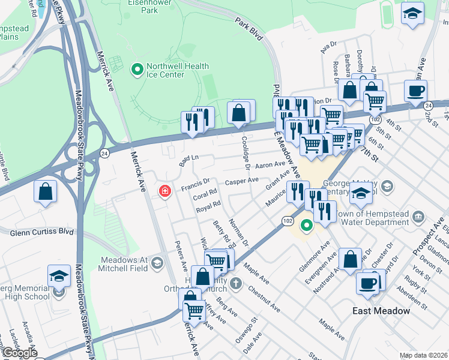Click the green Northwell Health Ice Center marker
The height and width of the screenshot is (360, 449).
(137, 70)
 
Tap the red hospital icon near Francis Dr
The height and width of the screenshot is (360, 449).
(164, 191)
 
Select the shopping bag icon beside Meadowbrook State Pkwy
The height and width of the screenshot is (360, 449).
(46, 192)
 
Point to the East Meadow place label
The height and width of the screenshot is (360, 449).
(381, 311)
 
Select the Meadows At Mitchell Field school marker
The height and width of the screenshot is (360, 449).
(157, 263)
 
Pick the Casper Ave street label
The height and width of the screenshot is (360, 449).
(241, 181)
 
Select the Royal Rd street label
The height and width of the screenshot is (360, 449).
(208, 207)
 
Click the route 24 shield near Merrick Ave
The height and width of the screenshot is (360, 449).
(104, 153)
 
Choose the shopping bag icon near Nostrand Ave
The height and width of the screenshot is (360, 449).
(350, 260)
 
